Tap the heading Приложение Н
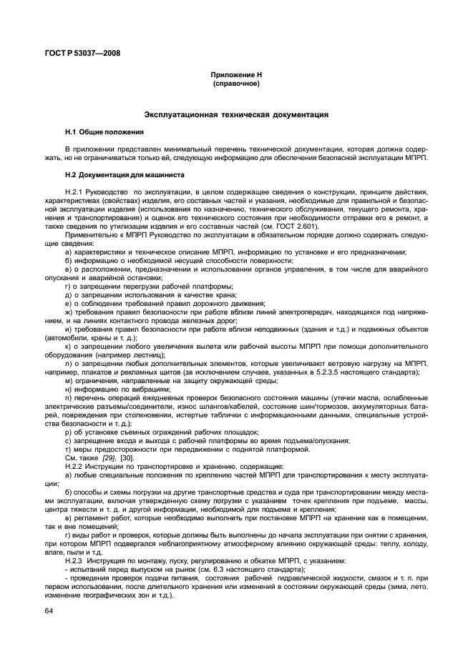[236, 75]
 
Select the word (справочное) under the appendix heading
[236, 84]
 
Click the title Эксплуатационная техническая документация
[236, 114]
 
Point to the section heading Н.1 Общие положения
[104, 132]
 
